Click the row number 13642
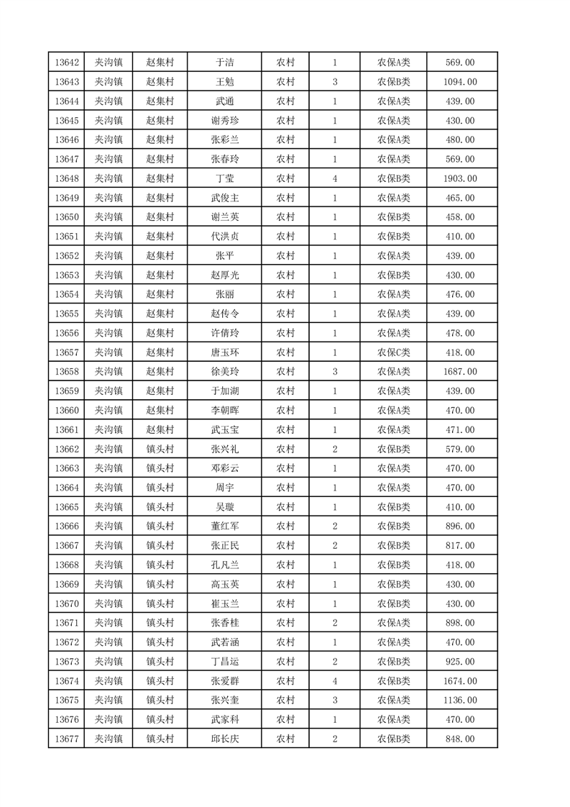[66, 63]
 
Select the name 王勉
[224, 82]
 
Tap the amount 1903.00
[461, 178]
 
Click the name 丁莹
[224, 178]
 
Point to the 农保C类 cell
[393, 352]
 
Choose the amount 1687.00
[461, 372]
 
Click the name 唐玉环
[224, 352]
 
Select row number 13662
[66, 449]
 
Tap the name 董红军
[224, 526]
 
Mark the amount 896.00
[461, 526]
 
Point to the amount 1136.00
[461, 700]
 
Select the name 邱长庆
[224, 739]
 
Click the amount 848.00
[461, 739]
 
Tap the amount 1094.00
[461, 82]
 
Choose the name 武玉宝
[224, 430]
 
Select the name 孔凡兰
[224, 565]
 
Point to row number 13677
[66, 739]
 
